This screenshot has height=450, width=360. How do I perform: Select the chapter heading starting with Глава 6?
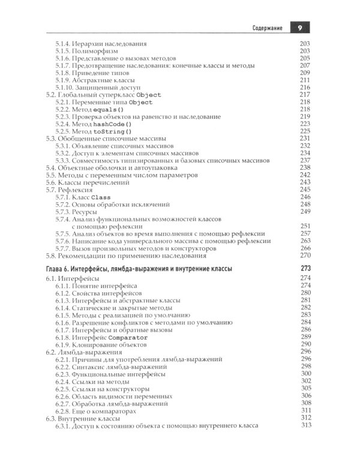click(139, 268)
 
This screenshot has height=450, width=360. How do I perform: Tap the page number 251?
click(307, 224)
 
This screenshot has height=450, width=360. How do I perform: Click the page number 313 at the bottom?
click(307, 425)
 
